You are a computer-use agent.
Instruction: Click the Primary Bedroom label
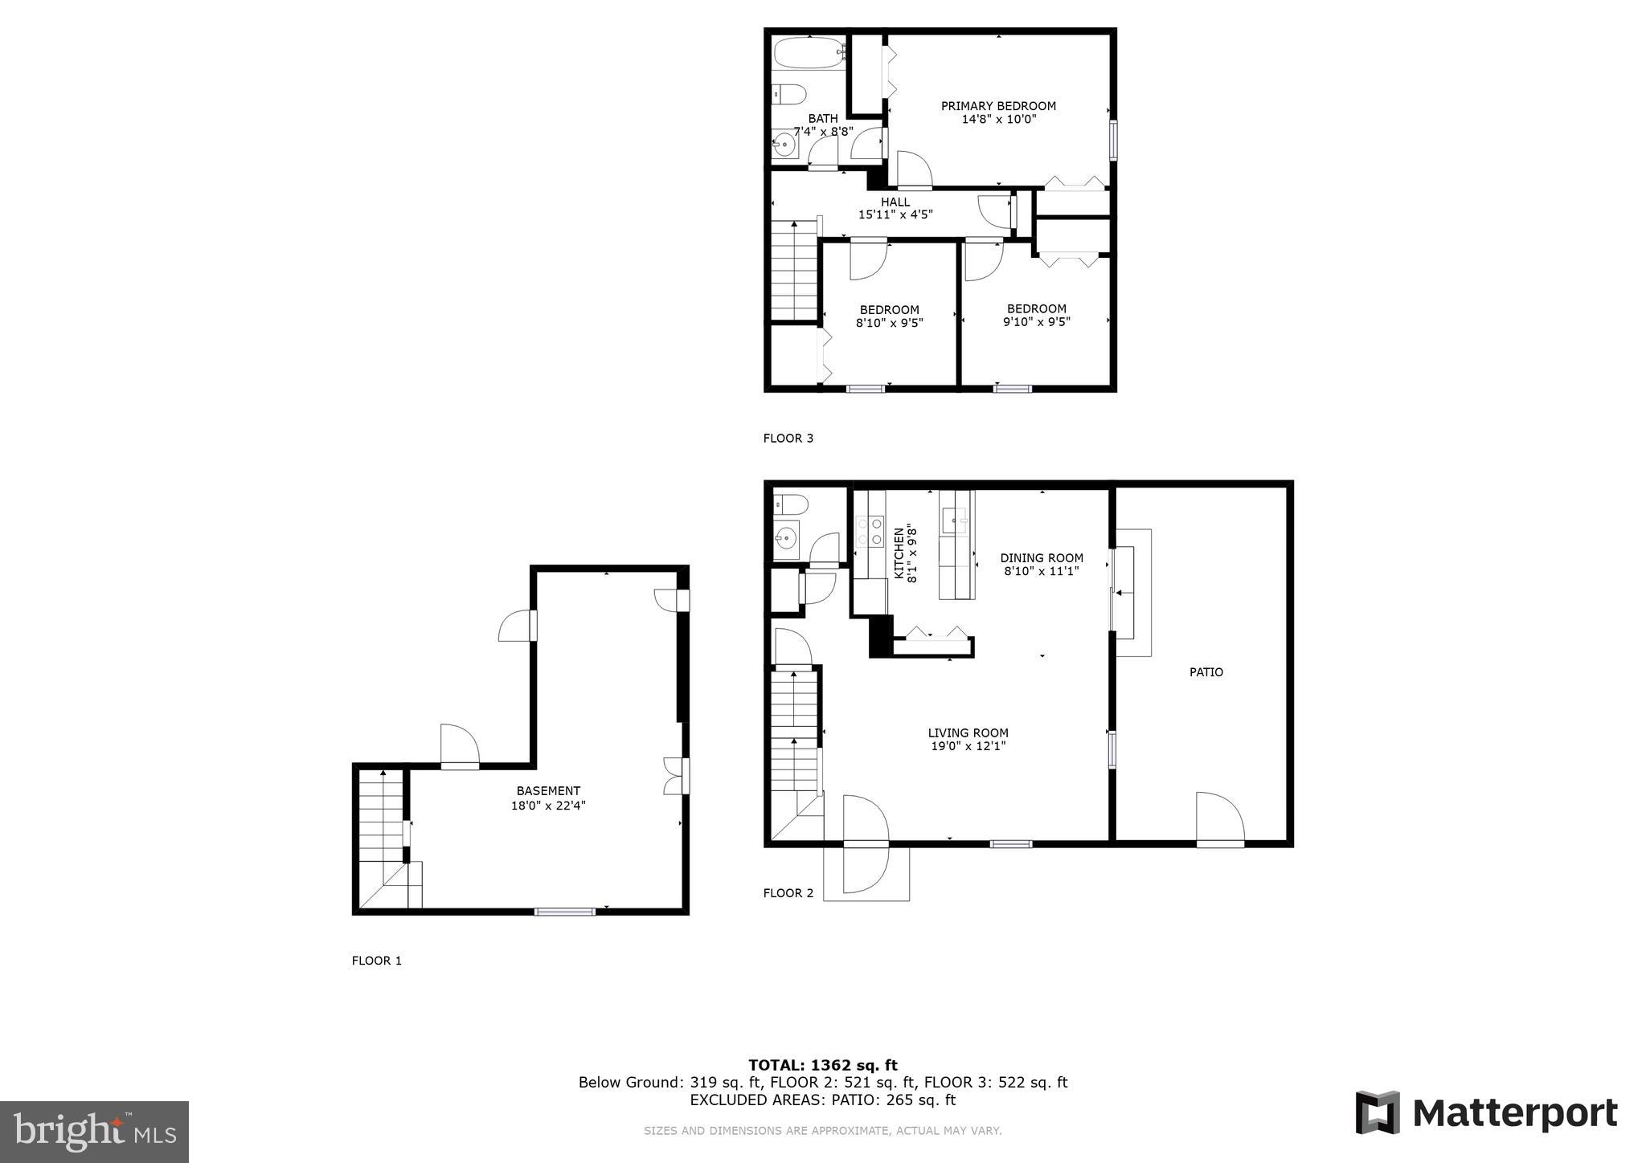[998, 106]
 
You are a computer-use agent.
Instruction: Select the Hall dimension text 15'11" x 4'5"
[895, 214]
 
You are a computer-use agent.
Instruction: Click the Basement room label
[548, 791]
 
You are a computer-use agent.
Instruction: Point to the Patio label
[1206, 672]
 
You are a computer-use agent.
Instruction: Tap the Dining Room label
[1042, 557]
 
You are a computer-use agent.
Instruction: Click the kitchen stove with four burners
[869, 530]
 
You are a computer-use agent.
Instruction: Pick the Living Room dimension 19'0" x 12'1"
[968, 746]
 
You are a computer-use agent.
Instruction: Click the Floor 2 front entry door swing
[866, 843]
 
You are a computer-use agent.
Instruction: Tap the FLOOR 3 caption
[788, 439]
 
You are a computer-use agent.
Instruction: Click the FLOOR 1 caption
[376, 961]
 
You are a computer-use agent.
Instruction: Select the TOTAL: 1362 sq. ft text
[823, 1065]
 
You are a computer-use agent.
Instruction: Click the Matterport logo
[1486, 1113]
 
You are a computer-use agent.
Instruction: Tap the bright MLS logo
[94, 1132]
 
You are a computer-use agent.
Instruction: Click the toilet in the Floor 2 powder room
[790, 504]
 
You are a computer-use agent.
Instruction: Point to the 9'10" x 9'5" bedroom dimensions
[1036, 322]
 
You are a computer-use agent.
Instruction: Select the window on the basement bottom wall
[565, 911]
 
